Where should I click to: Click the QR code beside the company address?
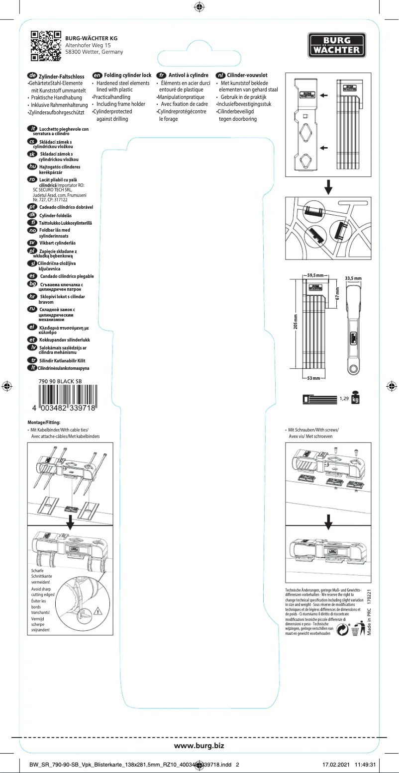[x=46, y=45]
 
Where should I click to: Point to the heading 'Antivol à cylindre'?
[x=188, y=75]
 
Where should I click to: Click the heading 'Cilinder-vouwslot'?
[x=247, y=75]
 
